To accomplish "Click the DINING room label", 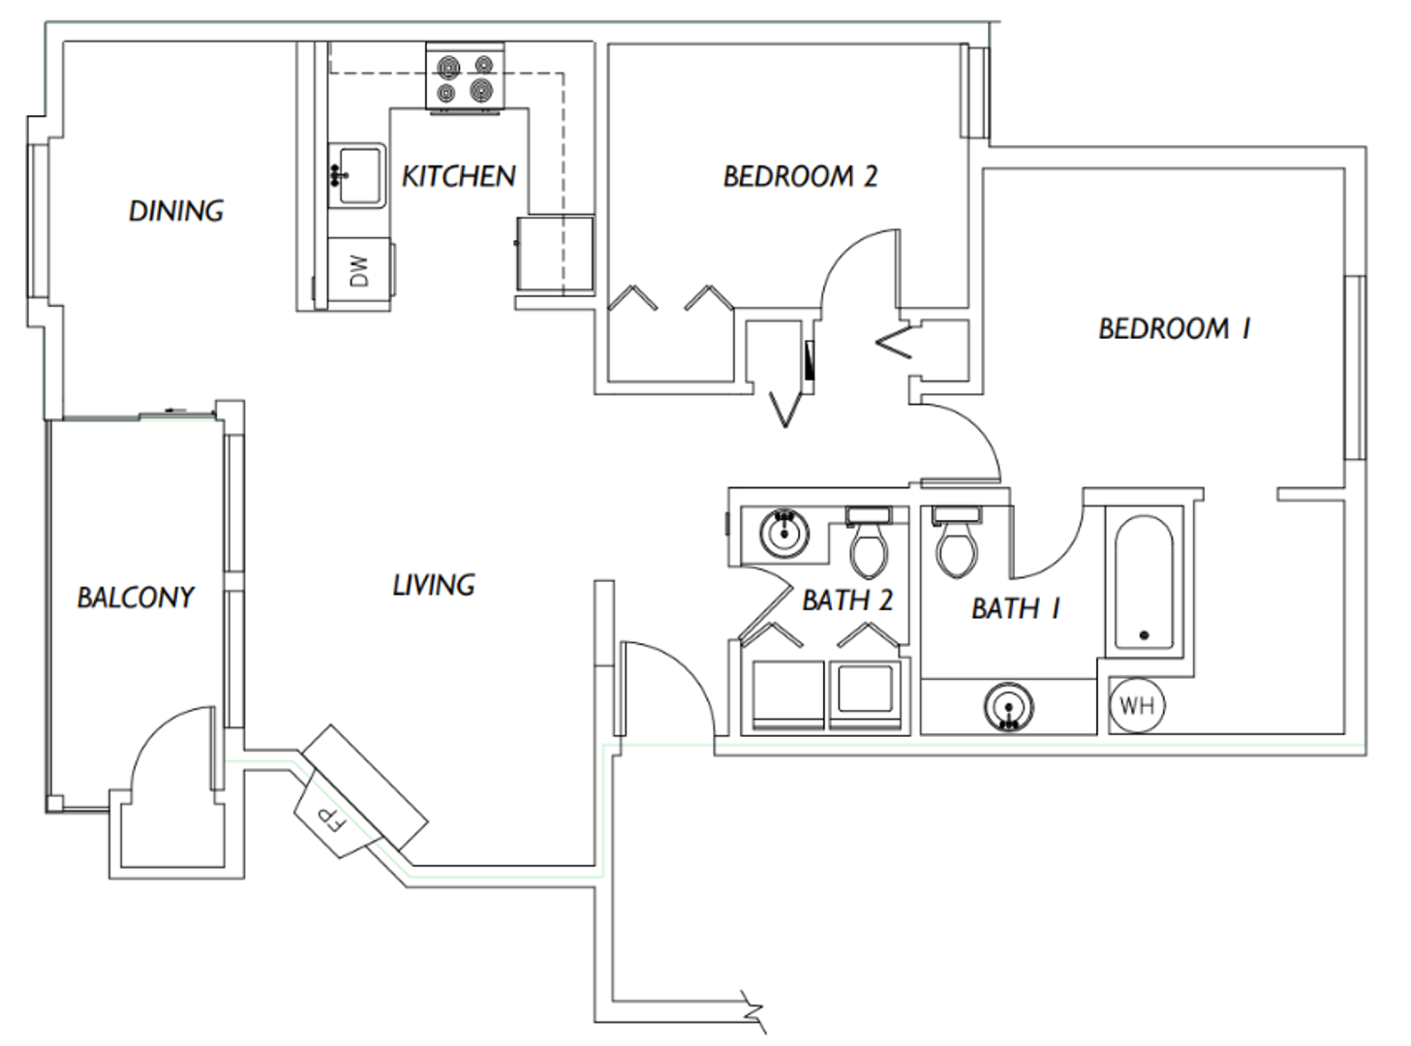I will pos(176,210).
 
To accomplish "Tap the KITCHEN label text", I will pos(459,176).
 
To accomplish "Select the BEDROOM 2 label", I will pos(800,176).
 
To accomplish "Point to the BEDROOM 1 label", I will pos(1174,329).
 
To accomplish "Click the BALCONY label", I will pos(136,597).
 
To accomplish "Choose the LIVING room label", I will pos(434,585).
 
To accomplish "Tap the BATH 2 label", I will pos(847,600).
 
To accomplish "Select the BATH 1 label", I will pos(1015,608).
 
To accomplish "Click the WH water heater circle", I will pos(1137,704).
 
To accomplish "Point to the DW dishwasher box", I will pos(359,271).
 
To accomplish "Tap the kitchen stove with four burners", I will pos(465,78).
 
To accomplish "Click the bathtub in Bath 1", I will pos(1144,583).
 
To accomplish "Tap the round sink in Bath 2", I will pos(783,532).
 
